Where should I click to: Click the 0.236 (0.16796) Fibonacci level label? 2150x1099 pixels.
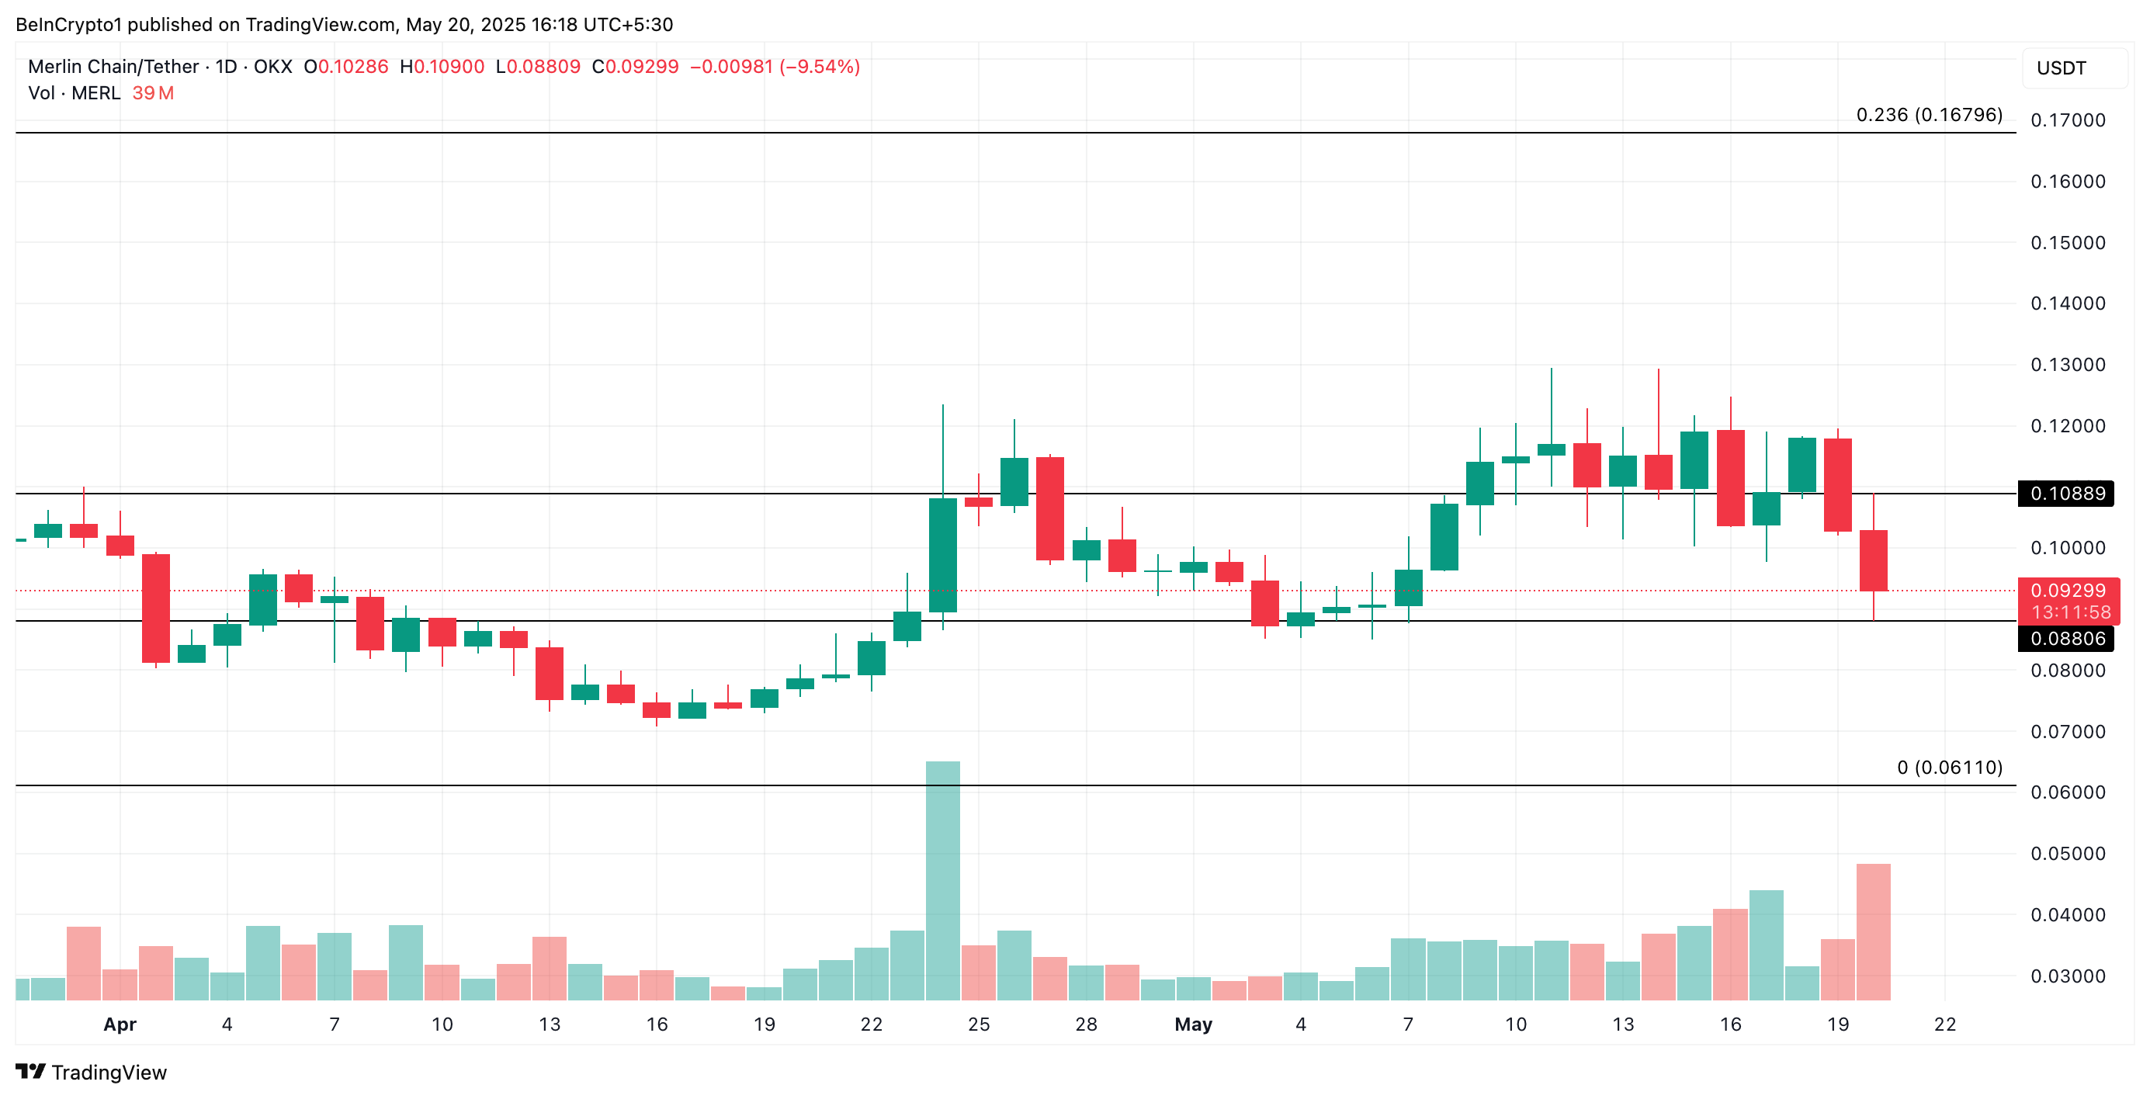coord(1928,114)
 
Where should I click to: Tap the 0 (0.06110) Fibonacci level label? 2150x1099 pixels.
coord(1949,767)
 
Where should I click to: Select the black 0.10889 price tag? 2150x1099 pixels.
coord(2065,493)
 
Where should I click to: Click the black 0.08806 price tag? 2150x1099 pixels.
coord(2065,639)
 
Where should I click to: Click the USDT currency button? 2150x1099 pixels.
coord(2061,68)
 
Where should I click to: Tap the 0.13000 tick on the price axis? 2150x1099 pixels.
coord(2068,365)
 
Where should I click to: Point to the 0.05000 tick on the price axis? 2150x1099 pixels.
coord(2068,854)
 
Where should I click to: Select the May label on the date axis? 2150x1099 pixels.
coord(1193,1024)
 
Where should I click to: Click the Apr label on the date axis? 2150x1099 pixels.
coord(120,1024)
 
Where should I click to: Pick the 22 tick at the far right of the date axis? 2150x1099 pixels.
coord(1944,1024)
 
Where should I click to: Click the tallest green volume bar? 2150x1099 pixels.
coord(942,880)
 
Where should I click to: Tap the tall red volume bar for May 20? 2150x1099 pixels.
coord(1873,931)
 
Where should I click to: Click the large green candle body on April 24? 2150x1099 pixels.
coord(942,555)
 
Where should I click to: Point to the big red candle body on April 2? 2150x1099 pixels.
coord(155,608)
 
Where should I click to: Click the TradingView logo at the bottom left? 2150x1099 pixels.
coord(91,1073)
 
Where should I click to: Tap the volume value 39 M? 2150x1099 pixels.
coord(153,93)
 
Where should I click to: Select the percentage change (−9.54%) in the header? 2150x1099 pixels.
coord(819,67)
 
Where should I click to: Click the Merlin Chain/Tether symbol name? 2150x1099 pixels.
coord(113,67)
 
